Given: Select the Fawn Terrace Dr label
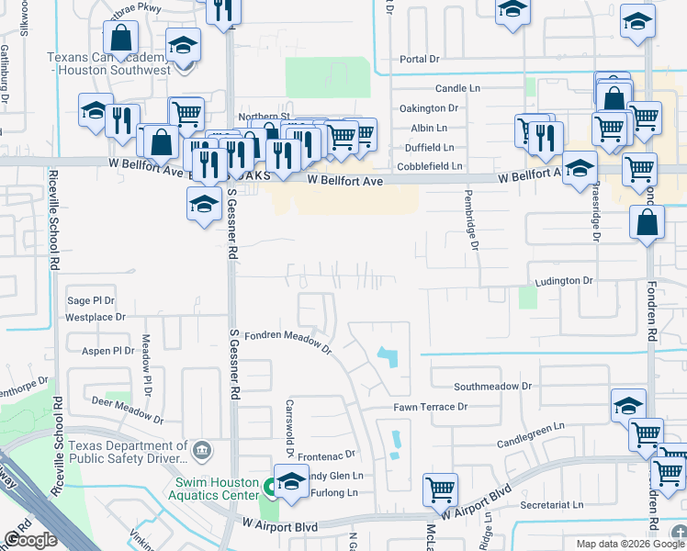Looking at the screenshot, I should pyautogui.click(x=431, y=406).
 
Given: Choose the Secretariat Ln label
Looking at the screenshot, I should pyautogui.click(x=551, y=505).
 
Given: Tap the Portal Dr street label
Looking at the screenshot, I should pyautogui.click(x=421, y=59).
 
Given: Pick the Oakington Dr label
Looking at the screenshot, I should pyautogui.click(x=428, y=108).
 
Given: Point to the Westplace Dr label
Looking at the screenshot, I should pyautogui.click(x=95, y=316).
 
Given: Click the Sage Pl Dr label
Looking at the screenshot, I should pyautogui.click(x=91, y=300).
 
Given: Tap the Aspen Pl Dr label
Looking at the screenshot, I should pyautogui.click(x=108, y=351).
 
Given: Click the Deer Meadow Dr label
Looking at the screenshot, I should pyautogui.click(x=128, y=410).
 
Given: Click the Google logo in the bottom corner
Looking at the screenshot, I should pyautogui.click(x=30, y=540).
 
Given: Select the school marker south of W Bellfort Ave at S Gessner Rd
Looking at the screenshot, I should pyautogui.click(x=203, y=203).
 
